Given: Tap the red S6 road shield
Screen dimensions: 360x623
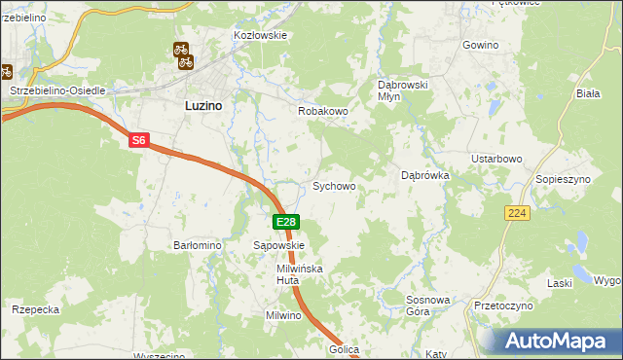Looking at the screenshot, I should coord(139,141).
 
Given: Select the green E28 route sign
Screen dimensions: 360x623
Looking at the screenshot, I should coord(285,223).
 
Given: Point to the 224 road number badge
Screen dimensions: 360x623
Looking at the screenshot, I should coord(517,212).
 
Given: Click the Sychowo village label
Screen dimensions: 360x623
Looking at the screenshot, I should coord(333,186).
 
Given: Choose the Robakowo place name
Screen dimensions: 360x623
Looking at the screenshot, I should coord(322,111).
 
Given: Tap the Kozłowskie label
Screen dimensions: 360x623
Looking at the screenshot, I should coord(260,35).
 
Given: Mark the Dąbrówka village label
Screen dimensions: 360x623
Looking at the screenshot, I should coord(424,176).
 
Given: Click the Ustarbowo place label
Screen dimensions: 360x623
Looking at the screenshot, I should coord(497,159).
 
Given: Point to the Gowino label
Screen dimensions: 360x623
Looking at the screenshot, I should coord(480,46).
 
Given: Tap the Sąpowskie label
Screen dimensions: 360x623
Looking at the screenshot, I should coord(279,246).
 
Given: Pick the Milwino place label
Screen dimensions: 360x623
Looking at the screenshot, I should coord(286,316).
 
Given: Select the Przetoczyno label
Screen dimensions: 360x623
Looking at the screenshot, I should coord(503,306).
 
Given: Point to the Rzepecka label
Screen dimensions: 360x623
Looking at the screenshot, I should coord(36,309).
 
